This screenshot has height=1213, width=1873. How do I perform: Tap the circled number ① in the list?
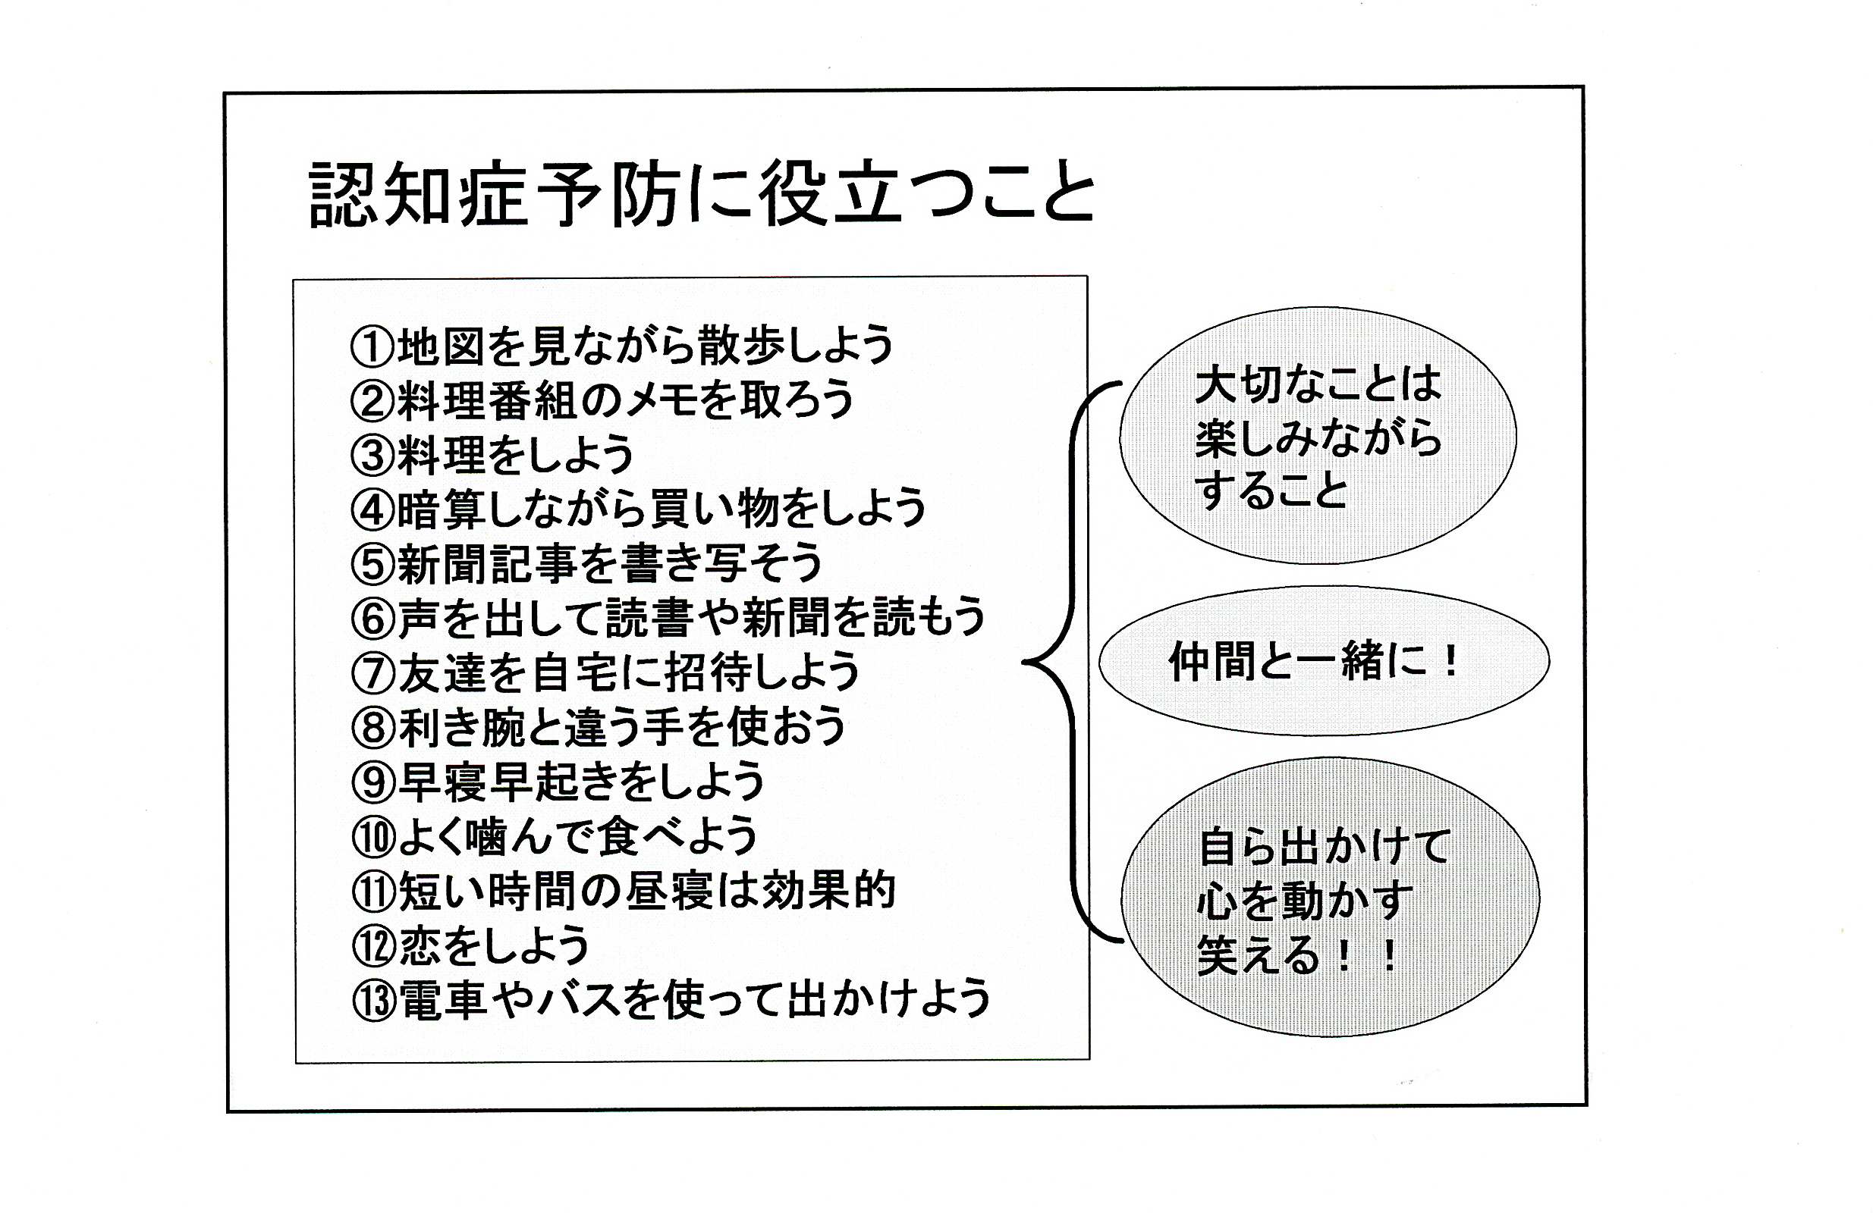372,347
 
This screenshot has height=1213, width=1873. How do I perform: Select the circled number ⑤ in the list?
372,565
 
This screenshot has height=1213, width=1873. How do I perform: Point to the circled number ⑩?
373,837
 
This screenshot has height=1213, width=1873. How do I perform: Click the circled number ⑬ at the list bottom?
374,1001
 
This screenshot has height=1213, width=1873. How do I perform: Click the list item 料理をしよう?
515,455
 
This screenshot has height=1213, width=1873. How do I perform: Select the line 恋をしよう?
494,945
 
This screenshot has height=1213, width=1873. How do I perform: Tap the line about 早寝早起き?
582,782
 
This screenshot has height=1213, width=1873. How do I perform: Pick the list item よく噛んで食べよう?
577,836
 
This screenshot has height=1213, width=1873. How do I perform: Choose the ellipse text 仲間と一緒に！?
1313,661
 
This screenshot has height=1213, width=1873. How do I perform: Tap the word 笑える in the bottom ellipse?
1258,954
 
